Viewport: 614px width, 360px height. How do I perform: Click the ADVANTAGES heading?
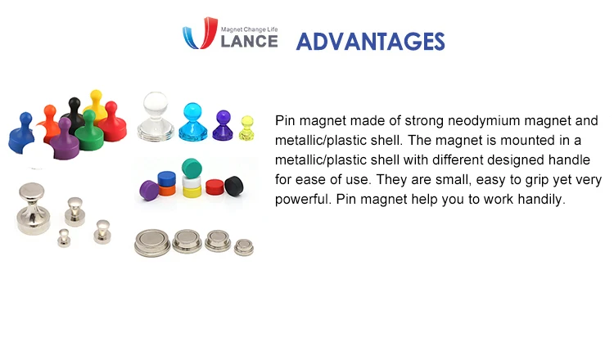(370, 42)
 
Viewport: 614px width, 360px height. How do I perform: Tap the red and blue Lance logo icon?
(200, 34)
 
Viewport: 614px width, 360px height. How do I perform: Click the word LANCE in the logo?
(250, 41)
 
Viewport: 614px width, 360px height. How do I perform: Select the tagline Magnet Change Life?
(250, 29)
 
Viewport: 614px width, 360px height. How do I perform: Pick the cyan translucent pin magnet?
(193, 122)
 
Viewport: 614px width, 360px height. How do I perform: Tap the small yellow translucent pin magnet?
(246, 128)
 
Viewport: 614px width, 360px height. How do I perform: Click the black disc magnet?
(234, 185)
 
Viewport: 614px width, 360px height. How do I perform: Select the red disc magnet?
(215, 187)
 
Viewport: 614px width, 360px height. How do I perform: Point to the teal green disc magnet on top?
(192, 168)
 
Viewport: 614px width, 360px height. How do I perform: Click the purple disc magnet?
(149, 190)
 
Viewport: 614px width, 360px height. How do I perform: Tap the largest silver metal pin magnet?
(34, 208)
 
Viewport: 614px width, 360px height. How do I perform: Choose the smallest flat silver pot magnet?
(244, 247)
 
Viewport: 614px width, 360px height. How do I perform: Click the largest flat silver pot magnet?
(153, 243)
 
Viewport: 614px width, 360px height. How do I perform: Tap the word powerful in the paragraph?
(303, 200)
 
